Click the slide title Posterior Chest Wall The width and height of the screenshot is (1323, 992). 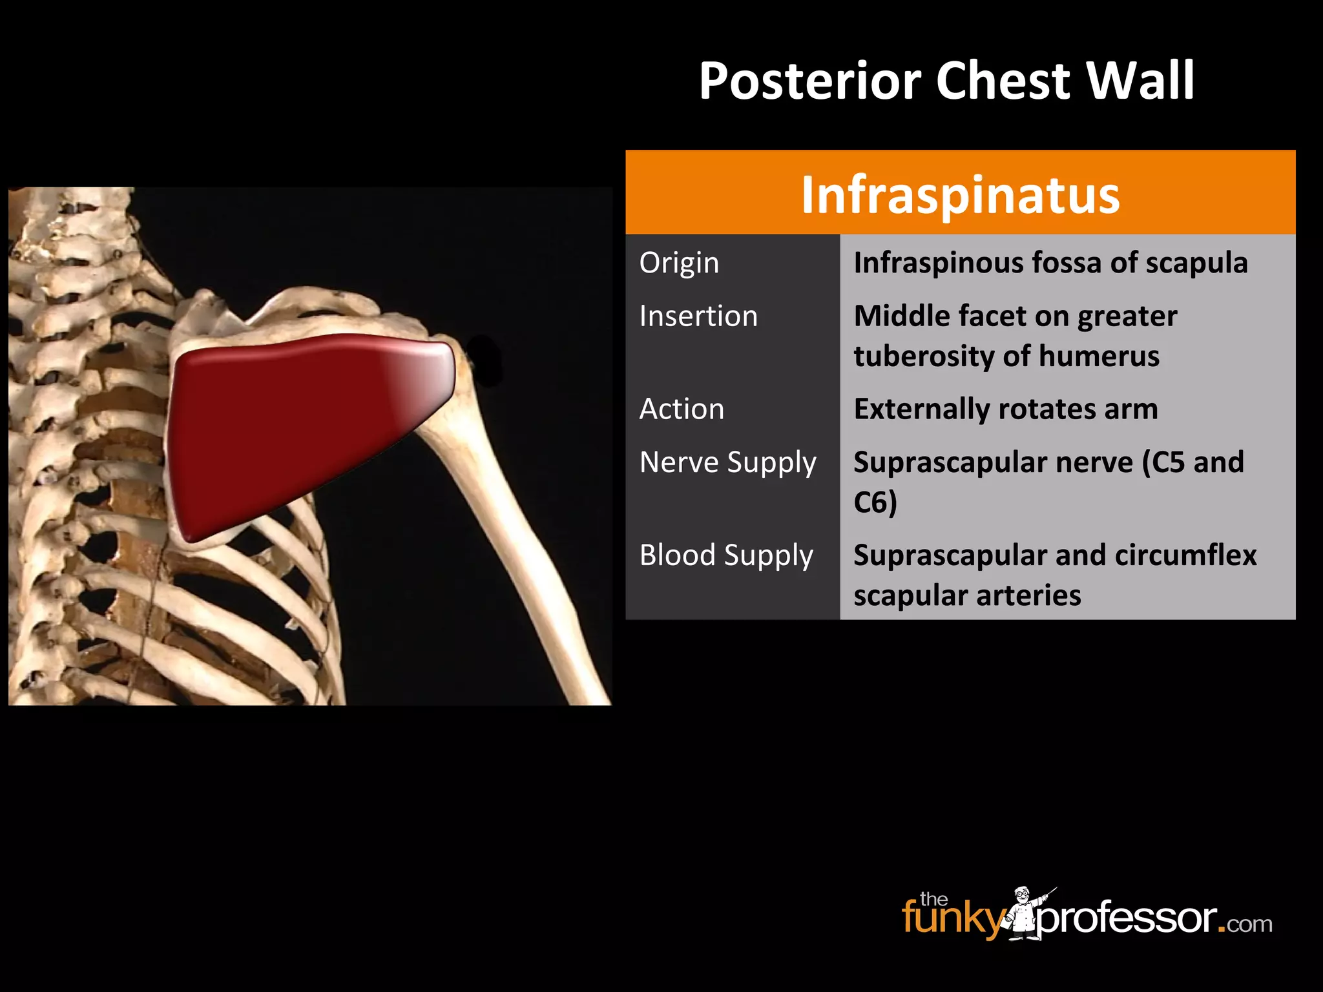point(946,81)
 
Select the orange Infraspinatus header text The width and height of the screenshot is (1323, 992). point(960,194)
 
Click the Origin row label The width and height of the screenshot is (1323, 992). point(679,263)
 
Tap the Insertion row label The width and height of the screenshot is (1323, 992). point(698,316)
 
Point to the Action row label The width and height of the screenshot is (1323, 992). point(682,409)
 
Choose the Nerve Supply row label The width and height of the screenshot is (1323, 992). point(728,462)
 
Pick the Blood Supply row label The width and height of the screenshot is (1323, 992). point(726,555)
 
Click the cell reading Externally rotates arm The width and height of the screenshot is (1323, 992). point(1005,409)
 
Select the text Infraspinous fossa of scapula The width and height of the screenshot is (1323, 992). point(1050,263)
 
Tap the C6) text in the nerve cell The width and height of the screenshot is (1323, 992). point(875,502)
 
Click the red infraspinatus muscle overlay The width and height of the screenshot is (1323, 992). point(291,426)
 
